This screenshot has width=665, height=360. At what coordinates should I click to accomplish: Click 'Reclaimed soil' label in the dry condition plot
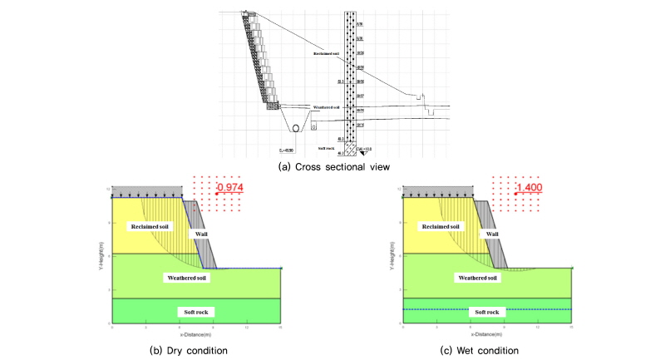146,224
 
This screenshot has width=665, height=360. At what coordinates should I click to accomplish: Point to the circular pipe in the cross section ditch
294,128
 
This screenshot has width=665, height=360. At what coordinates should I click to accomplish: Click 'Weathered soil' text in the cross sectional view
328,108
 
